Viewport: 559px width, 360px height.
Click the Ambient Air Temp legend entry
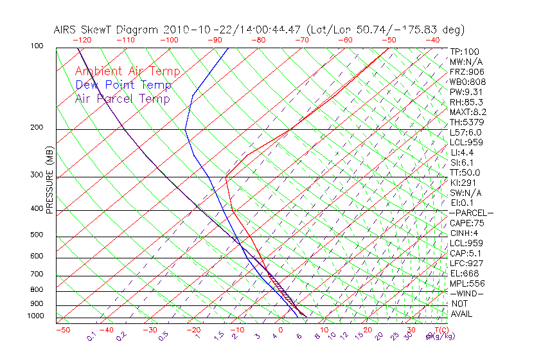pyautogui.click(x=127, y=71)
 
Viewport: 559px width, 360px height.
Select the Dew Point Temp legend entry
pyautogui.click(x=123, y=85)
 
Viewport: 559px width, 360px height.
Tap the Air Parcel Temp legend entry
pyautogui.click(x=122, y=98)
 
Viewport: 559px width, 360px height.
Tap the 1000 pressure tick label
pyautogui.click(x=36, y=316)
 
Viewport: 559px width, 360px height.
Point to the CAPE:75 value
pyautogui.click(x=466, y=223)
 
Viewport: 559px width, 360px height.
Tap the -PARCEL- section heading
pyautogui.click(x=471, y=213)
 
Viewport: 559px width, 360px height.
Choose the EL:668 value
pyautogui.click(x=465, y=273)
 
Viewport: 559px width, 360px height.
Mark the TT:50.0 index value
pyautogui.click(x=465, y=172)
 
